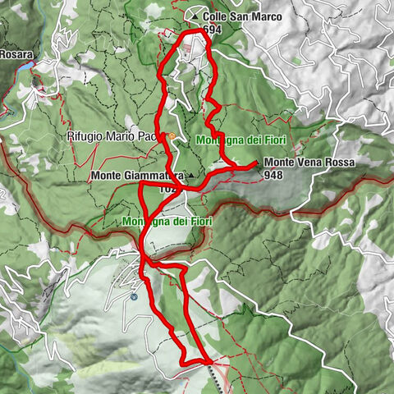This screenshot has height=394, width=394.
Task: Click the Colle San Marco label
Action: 237,16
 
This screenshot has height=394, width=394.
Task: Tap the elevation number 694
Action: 211,29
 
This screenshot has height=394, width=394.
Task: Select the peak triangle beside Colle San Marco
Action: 194,16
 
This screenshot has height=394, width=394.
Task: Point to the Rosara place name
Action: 16,53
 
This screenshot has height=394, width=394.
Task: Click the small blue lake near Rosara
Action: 28,65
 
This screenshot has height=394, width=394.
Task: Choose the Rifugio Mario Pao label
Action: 116,137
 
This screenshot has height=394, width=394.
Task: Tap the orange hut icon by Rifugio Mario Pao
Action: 170,136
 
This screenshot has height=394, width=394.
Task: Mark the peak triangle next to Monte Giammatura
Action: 190,176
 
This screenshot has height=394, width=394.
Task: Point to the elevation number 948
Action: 275,174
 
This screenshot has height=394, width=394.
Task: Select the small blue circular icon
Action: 134,297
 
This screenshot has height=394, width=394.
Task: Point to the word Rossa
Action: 339,163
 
